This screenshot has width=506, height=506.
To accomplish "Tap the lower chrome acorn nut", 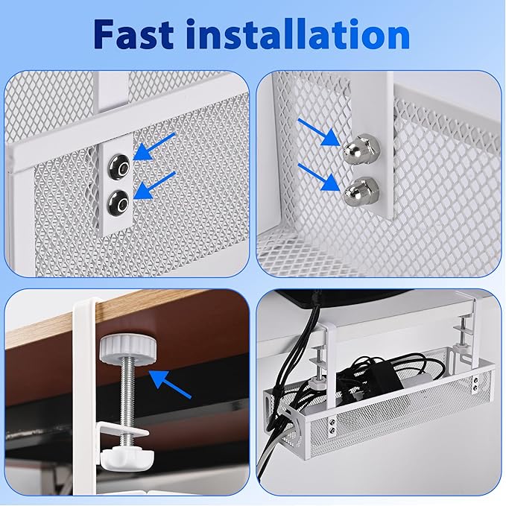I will (356, 191).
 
